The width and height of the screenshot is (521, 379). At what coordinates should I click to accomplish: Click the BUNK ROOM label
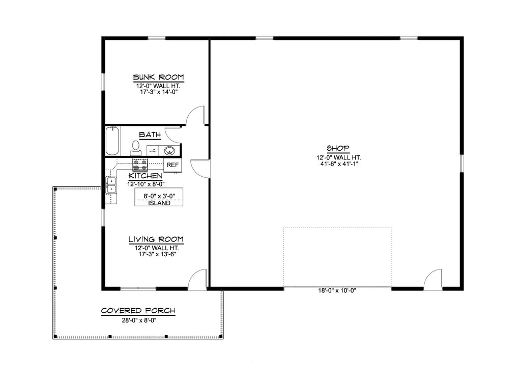pyautogui.click(x=158, y=77)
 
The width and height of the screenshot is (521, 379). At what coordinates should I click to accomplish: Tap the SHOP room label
pyautogui.click(x=338, y=148)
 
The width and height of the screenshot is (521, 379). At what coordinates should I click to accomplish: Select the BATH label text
pyautogui.click(x=150, y=135)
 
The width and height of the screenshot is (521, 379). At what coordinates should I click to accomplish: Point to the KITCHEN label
pyautogui.click(x=145, y=176)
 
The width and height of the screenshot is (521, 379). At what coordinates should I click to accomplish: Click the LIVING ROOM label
pyautogui.click(x=156, y=239)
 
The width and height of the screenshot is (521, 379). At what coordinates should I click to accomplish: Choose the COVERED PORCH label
pyautogui.click(x=138, y=311)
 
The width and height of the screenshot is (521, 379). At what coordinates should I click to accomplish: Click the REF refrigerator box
pyautogui.click(x=172, y=165)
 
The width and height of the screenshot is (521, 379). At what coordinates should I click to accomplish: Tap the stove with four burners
pyautogui.click(x=140, y=165)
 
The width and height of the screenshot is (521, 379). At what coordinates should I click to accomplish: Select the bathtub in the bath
pyautogui.click(x=112, y=141)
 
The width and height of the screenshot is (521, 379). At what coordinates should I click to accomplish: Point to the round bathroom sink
pyautogui.click(x=170, y=150)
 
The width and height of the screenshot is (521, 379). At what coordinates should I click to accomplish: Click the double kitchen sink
pyautogui.click(x=111, y=185)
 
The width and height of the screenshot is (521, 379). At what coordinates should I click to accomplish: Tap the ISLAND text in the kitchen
pyautogui.click(x=159, y=203)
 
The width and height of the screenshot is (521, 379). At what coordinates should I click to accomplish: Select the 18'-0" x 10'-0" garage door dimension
pyautogui.click(x=337, y=291)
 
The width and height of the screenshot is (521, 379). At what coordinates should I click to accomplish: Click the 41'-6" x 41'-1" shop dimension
pyautogui.click(x=338, y=165)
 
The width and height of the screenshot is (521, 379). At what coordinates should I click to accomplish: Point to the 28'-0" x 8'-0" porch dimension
pyautogui.click(x=138, y=320)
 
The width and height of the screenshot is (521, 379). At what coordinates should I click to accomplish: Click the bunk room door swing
pyautogui.click(x=196, y=116)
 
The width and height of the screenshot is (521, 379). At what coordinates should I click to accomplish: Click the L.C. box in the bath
pyautogui.click(x=153, y=151)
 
